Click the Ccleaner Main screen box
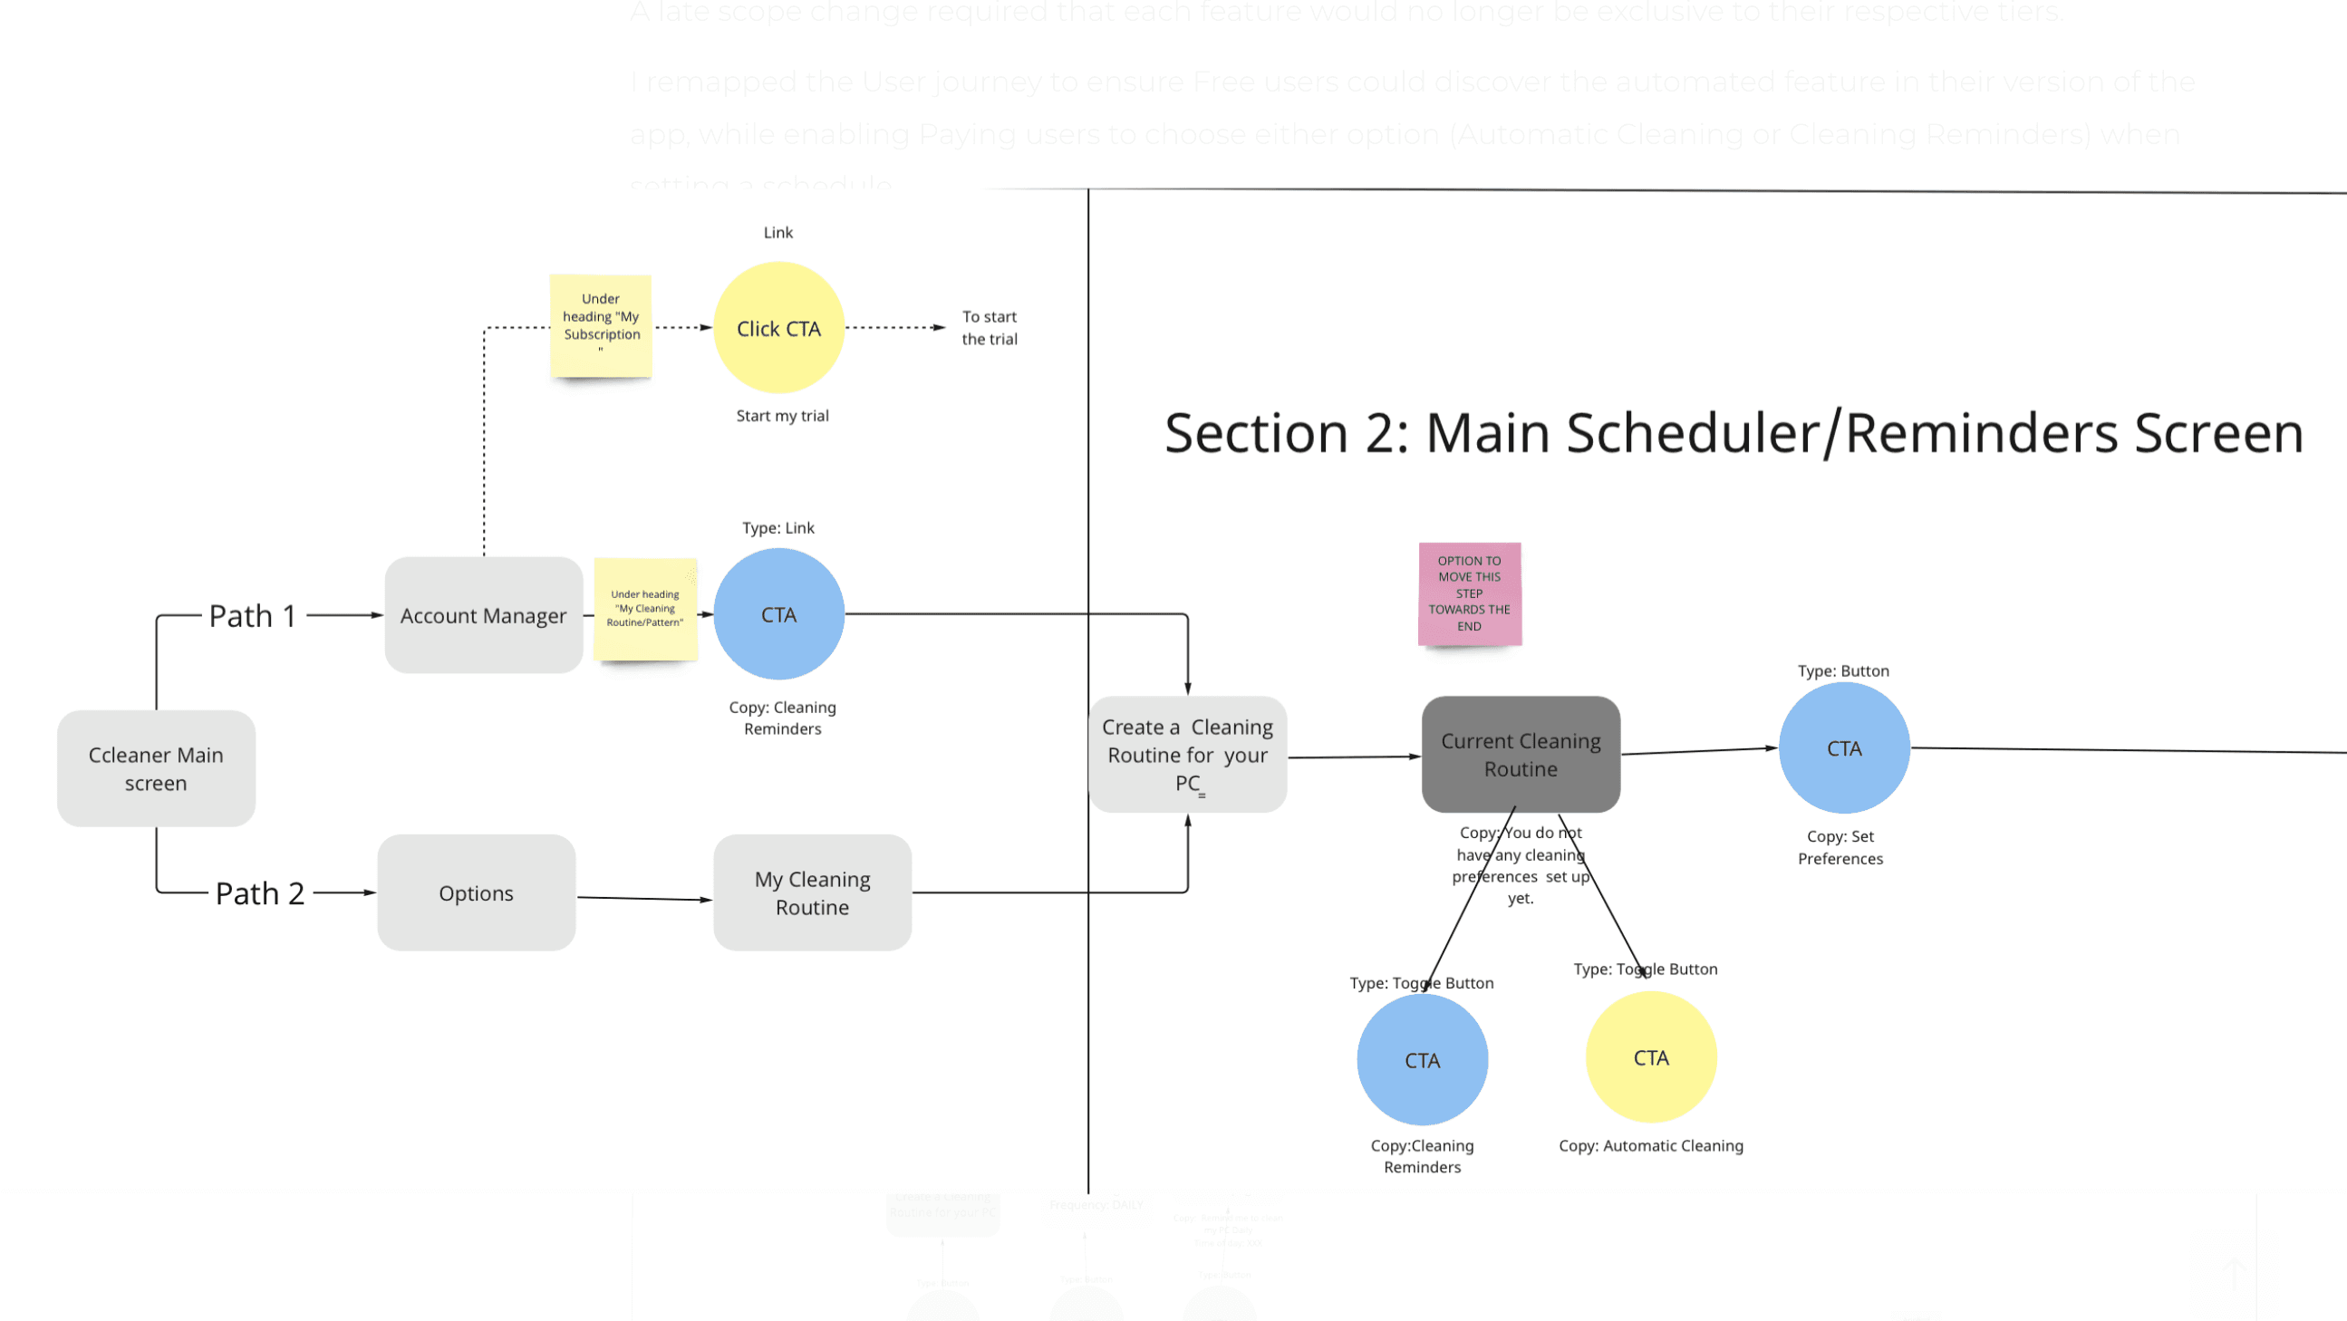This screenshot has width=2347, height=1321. [x=156, y=768]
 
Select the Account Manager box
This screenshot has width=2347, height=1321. [x=483, y=615]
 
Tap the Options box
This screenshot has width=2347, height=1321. [x=476, y=892]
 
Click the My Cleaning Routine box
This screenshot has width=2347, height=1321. [x=812, y=892]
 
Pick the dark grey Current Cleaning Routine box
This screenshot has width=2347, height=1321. [x=1520, y=755]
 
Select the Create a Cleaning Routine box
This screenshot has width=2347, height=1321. [x=1187, y=755]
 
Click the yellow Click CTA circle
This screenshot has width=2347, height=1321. [x=778, y=328]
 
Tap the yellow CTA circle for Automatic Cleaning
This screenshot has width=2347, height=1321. [x=1650, y=1056]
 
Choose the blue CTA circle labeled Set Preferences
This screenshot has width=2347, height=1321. [x=1843, y=748]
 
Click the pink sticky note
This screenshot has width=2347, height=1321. [x=1469, y=593]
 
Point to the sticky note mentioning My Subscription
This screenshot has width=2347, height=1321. [x=601, y=324]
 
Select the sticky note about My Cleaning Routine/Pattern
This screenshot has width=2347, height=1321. [x=645, y=609]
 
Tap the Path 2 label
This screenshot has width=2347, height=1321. [x=260, y=893]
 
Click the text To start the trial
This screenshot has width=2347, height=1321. [x=990, y=327]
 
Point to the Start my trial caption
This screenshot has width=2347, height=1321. [x=782, y=416]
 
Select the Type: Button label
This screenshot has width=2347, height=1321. [x=1842, y=670]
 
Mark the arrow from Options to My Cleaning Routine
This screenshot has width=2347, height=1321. [x=644, y=898]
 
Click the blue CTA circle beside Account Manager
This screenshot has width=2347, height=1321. [x=778, y=614]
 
